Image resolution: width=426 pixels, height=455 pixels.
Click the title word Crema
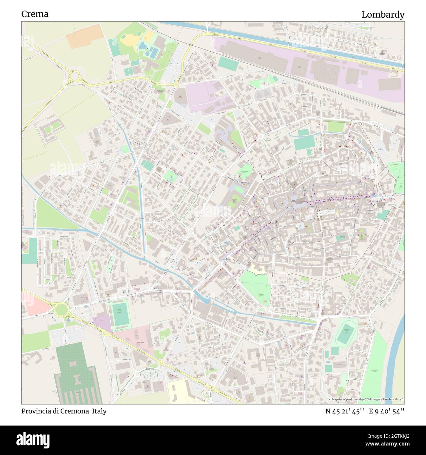[x=35, y=14]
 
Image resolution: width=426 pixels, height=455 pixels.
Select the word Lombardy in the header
[x=383, y=15]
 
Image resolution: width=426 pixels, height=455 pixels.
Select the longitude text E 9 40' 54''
[x=387, y=411]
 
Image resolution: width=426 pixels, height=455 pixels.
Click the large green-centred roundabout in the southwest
[x=60, y=309]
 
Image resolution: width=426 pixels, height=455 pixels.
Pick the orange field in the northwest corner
[x=84, y=36]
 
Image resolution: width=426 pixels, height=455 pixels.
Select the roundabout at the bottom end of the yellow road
[x=213, y=389]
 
